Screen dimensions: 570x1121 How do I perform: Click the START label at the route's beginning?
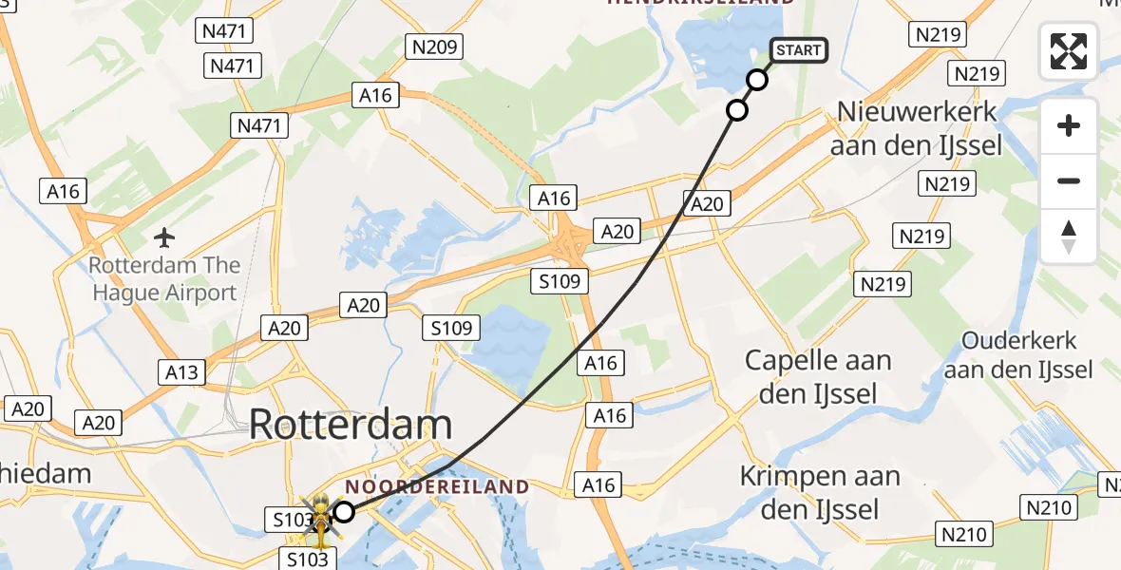coord(799,50)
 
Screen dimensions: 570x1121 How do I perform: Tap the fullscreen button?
coord(1069,51)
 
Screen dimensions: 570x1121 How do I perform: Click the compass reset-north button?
coord(1069,237)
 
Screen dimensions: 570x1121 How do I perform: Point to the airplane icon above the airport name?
coord(165,236)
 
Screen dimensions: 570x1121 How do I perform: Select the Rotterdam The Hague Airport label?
coord(164,278)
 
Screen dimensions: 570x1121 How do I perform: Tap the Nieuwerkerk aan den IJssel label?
coord(917,128)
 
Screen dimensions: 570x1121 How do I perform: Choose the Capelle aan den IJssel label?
coord(818,376)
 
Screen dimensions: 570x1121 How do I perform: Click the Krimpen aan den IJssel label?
coord(820,492)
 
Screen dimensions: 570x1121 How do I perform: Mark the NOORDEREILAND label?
coord(437,486)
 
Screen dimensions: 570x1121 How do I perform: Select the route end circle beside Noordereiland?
coord(344,512)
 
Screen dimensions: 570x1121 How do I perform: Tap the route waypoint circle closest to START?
coord(757,80)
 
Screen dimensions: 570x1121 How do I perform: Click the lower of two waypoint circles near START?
coord(737,110)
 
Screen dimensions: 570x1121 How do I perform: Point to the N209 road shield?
coord(433,46)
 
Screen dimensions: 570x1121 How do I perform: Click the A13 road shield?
coord(181,370)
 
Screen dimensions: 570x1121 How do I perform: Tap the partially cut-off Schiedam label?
coord(43,473)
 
